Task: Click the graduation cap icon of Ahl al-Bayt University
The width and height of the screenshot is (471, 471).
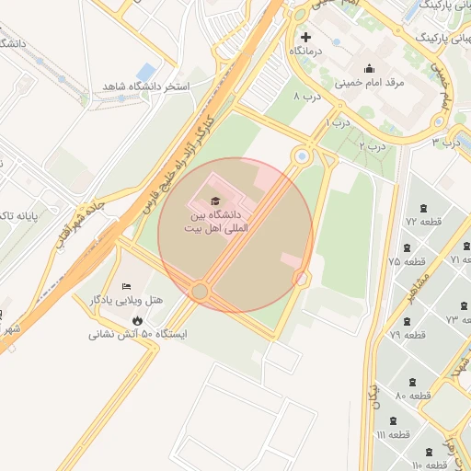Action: [x=215, y=201]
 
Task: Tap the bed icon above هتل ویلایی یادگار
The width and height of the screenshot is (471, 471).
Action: [x=126, y=285]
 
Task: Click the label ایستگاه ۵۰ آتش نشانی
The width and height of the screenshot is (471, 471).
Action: [x=137, y=334]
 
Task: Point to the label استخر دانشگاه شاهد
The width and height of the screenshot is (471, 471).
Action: [x=139, y=86]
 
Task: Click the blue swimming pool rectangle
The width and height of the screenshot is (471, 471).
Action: [x=145, y=71]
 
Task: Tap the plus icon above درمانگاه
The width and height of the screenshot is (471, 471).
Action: [x=306, y=37]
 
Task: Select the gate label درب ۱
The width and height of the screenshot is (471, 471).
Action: [x=339, y=122]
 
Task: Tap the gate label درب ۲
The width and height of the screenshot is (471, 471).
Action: [x=372, y=145]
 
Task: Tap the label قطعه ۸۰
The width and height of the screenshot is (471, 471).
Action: [x=413, y=395]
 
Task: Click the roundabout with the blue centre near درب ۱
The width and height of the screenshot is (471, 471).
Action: [x=301, y=157]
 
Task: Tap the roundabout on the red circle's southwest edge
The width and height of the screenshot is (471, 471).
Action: [x=200, y=292]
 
